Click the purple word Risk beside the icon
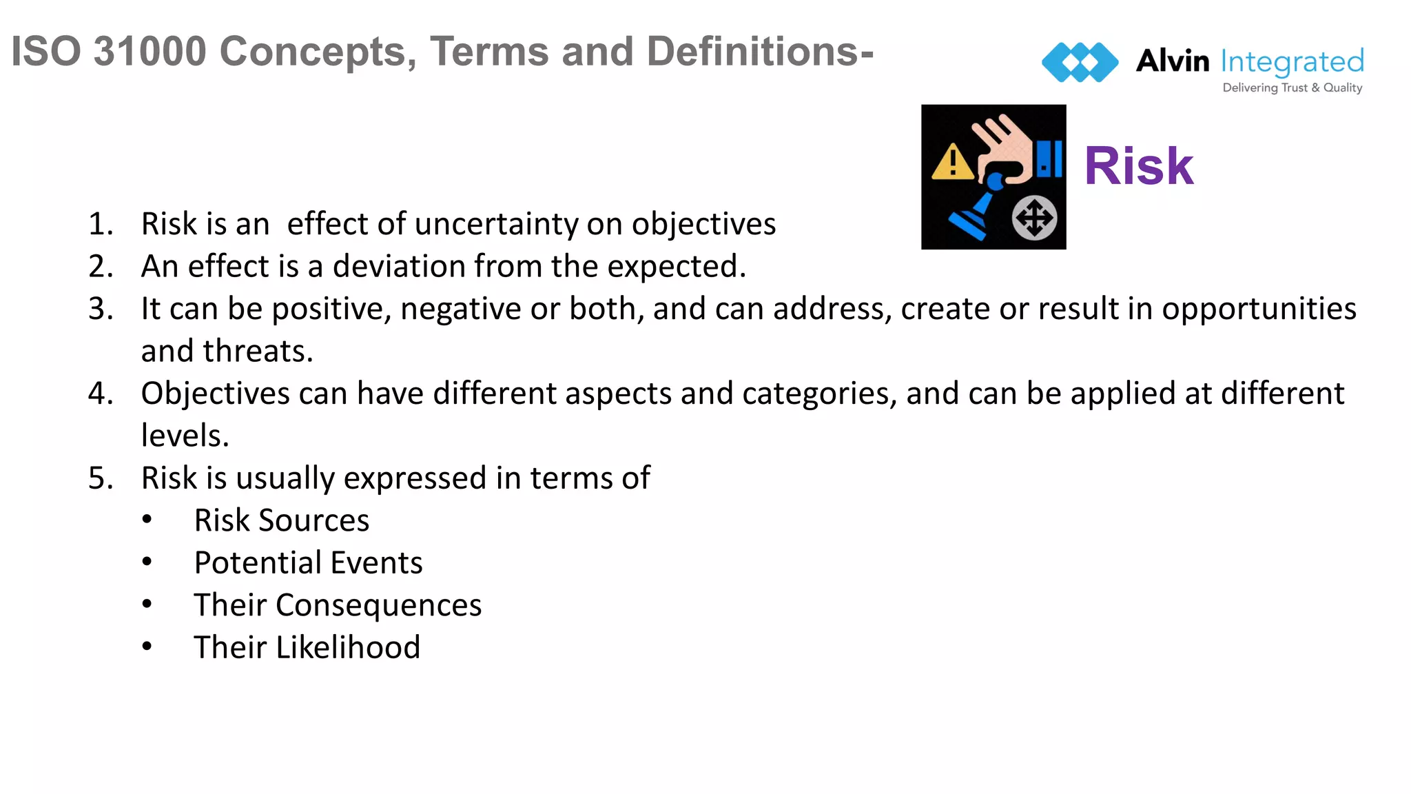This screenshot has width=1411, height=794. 1138,166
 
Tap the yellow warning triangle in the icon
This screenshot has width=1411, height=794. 952,163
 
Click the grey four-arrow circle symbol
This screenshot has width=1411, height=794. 1034,218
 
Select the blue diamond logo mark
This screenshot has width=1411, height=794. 1080,62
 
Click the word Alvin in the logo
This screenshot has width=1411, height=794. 1172,61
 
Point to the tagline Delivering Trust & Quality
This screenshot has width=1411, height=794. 1292,88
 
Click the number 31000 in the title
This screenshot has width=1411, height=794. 150,52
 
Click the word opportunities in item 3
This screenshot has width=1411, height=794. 1259,309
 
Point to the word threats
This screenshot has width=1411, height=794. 258,351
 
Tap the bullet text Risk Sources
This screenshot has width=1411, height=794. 281,520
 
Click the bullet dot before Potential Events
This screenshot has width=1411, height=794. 147,562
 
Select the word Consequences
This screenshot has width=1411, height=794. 378,605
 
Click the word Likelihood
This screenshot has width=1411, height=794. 348,648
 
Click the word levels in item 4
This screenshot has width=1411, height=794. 184,436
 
